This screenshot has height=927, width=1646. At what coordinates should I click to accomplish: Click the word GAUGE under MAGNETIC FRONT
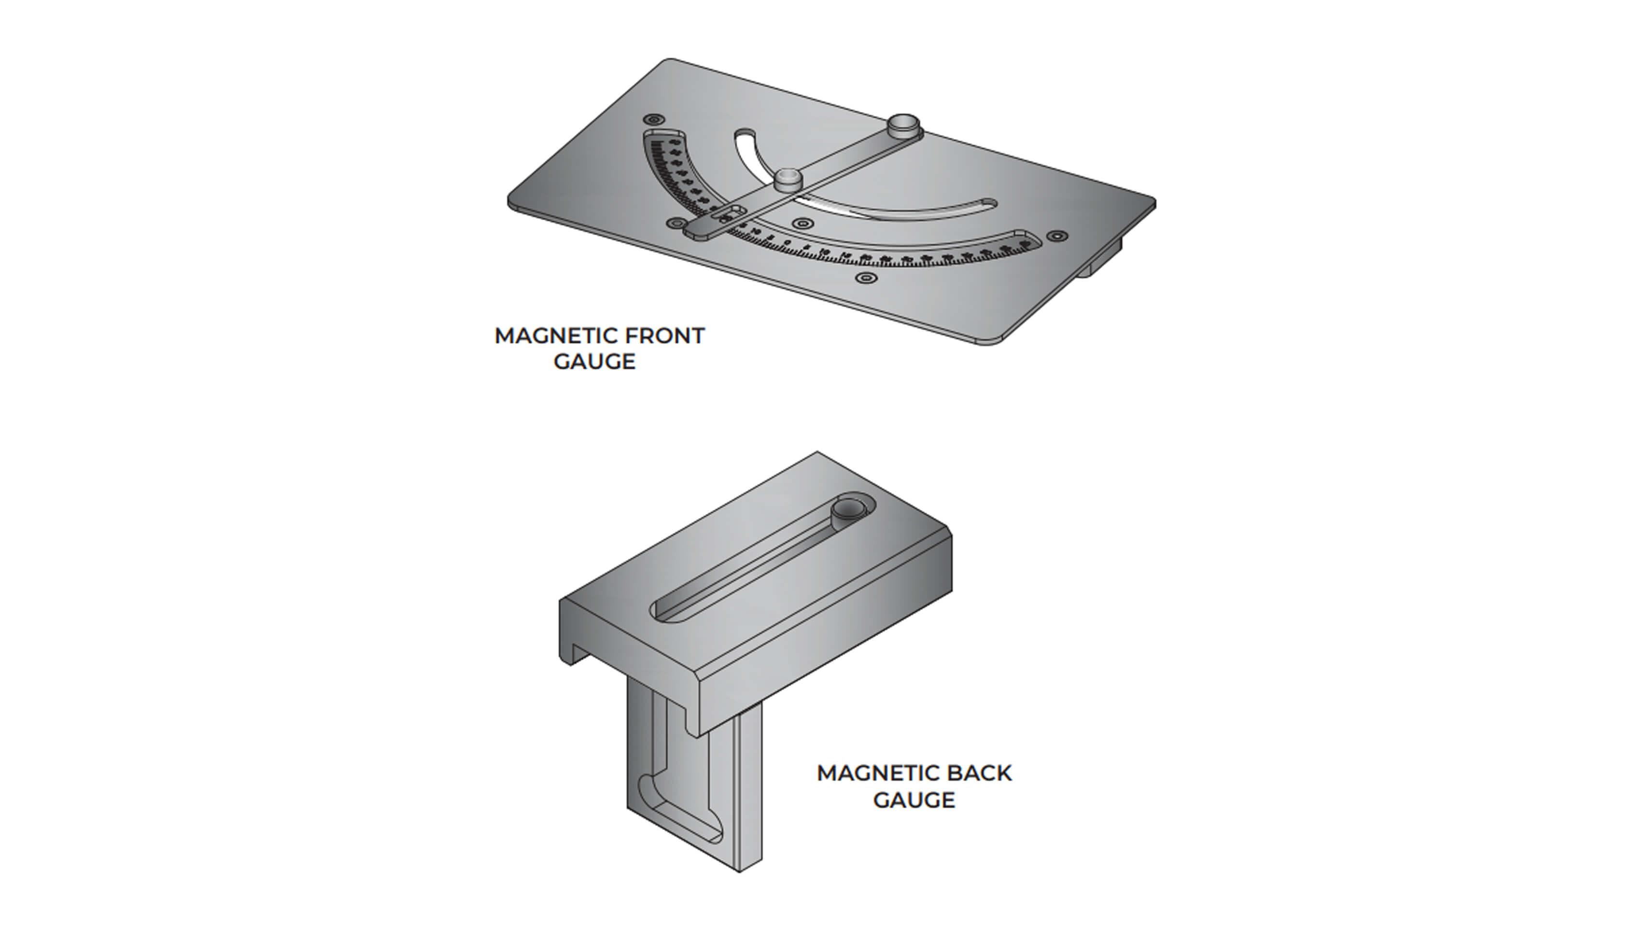(x=594, y=362)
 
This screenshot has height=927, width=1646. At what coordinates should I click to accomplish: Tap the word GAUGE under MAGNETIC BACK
(x=914, y=800)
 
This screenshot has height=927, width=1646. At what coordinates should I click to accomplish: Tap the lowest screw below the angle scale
(x=865, y=278)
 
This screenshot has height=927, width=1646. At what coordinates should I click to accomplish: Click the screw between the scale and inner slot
(x=802, y=224)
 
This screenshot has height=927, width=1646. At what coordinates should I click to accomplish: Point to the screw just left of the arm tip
(x=675, y=224)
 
